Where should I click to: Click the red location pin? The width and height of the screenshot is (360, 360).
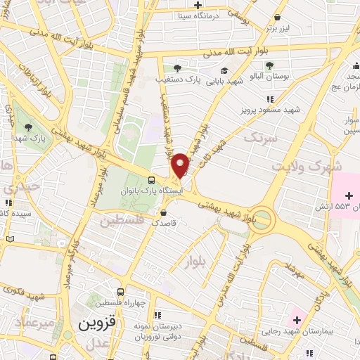point(181,165)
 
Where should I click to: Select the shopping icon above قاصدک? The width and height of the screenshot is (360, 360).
point(163,212)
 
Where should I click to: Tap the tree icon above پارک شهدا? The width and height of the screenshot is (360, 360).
point(28,127)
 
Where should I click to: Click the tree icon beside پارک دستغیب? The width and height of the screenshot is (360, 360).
point(176,67)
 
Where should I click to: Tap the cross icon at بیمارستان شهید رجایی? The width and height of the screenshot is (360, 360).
point(298,321)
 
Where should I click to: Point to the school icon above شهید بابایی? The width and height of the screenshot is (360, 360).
point(224,70)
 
